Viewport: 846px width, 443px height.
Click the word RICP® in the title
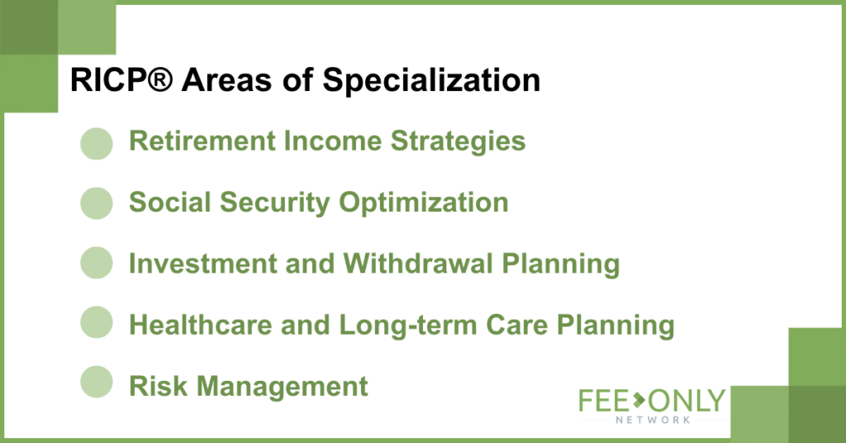pos(121,80)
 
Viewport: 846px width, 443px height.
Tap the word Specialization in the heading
pos(431,82)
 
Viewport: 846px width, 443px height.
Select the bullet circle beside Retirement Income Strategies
pos(97,144)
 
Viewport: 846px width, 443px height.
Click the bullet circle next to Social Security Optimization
pos(97,203)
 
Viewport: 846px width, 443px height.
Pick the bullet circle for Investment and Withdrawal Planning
pos(97,263)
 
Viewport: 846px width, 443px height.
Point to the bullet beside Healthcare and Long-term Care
pos(97,322)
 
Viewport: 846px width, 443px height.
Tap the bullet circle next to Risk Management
pos(97,382)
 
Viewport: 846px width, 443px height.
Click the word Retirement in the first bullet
pos(202,141)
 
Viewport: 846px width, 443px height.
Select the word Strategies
pos(458,142)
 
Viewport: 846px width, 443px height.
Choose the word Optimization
pos(424,203)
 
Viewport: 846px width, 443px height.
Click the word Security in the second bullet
pos(274,203)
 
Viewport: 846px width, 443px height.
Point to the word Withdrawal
pos(418,264)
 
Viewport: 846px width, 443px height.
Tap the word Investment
pos(202,264)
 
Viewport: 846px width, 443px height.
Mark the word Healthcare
pos(201,325)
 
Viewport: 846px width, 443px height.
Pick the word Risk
pos(159,386)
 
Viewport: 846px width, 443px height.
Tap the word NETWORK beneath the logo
pos(653,420)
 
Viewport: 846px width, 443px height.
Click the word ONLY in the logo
pos(687,401)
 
